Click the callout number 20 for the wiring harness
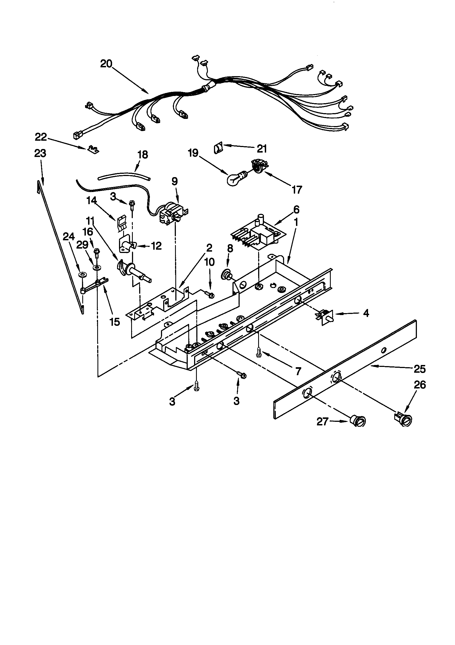click(106, 64)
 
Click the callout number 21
click(262, 149)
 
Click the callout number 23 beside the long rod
click(40, 154)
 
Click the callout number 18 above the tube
click(142, 155)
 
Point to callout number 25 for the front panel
click(420, 369)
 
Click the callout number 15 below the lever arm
click(115, 322)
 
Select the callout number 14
click(92, 201)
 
